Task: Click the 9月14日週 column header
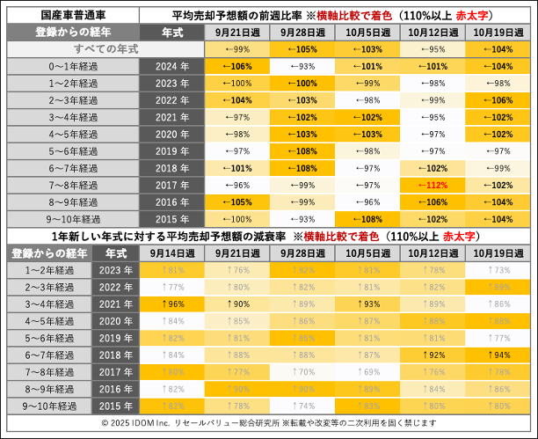171,252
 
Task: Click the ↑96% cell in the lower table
171,304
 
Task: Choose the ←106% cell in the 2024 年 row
237,66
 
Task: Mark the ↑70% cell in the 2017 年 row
302,371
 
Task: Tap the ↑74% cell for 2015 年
302,406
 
